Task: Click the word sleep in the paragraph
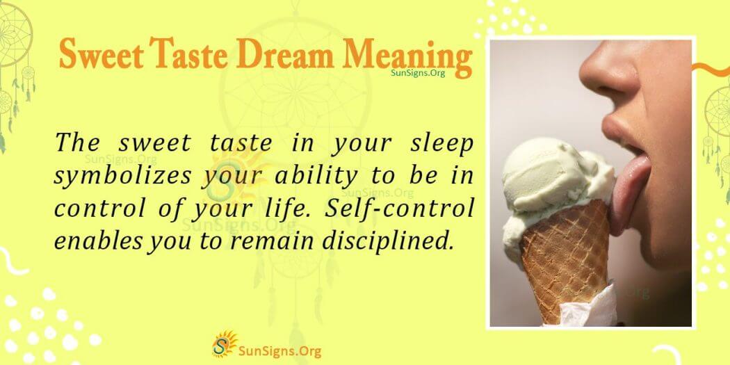click(440, 144)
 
